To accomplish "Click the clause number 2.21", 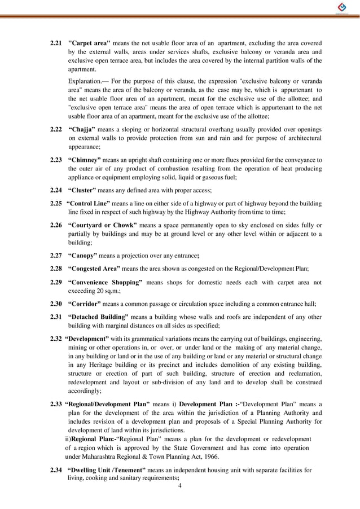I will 55,43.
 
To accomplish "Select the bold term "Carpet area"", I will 89,43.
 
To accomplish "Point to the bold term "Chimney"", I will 85,160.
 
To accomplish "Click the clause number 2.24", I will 55,190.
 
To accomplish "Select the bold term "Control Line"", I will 88,203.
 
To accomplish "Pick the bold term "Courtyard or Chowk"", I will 102,225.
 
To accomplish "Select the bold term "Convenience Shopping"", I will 105,282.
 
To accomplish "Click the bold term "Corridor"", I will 84,303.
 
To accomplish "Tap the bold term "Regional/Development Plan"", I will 107,405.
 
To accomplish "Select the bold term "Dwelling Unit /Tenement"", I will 106,470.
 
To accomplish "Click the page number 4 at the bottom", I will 179,486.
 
